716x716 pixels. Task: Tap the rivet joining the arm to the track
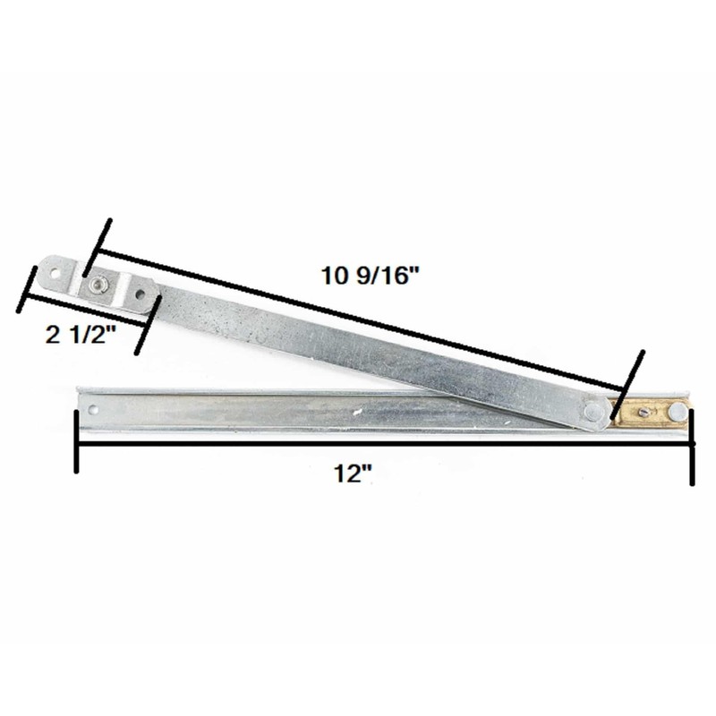592,411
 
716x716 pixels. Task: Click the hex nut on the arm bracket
95,285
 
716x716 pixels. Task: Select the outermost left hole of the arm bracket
53,269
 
